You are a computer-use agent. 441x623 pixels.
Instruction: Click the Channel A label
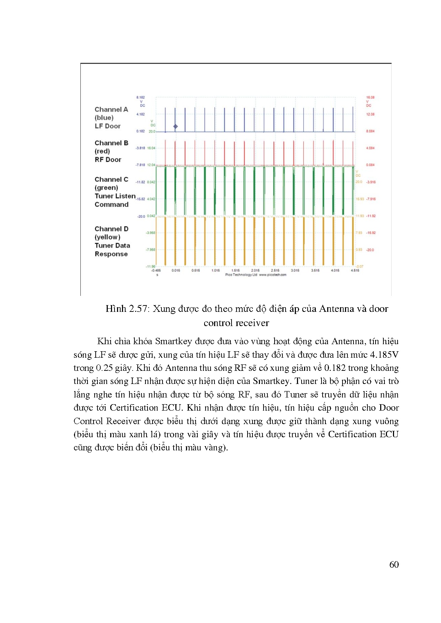pyautogui.click(x=111, y=109)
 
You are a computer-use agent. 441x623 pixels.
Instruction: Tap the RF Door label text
pyautogui.click(x=108, y=160)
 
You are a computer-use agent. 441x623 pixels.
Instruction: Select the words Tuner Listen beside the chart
pyautogui.click(x=115, y=196)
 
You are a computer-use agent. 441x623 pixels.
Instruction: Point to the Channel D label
pyautogui.click(x=111, y=229)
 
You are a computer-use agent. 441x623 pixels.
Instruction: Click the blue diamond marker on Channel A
pyautogui.click(x=175, y=126)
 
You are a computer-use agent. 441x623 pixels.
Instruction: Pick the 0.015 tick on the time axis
pyautogui.click(x=176, y=270)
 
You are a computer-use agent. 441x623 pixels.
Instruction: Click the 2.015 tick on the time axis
pyautogui.click(x=255, y=270)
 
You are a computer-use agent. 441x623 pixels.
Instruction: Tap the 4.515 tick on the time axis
pyautogui.click(x=355, y=270)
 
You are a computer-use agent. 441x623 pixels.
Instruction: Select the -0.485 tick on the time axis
pyautogui.click(x=156, y=270)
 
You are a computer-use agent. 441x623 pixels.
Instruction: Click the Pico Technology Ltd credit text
pyautogui.click(x=241, y=275)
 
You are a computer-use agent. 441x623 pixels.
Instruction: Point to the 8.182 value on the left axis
pyautogui.click(x=140, y=97)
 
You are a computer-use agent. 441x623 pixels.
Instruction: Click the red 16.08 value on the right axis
pyautogui.click(x=370, y=97)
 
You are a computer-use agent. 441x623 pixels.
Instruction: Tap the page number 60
pyautogui.click(x=394, y=565)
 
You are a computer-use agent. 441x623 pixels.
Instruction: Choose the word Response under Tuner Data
pyautogui.click(x=111, y=254)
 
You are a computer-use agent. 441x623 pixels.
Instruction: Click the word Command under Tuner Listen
pyautogui.click(x=111, y=205)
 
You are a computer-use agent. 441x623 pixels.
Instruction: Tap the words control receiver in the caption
pyautogui.click(x=236, y=323)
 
